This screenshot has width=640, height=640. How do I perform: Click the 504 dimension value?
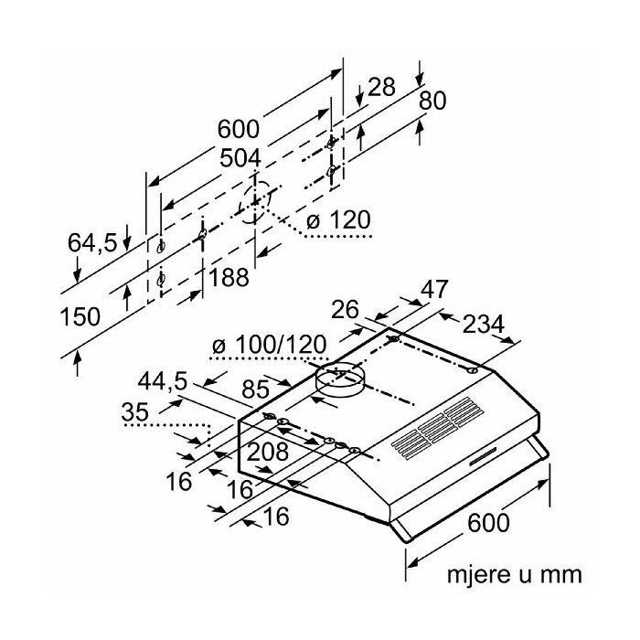point(241,158)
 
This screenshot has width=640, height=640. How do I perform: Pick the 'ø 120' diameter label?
point(337,220)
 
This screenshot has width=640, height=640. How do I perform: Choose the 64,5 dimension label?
point(92,242)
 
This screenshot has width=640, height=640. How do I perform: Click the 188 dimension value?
point(228,278)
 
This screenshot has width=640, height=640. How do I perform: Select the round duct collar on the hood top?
point(338,382)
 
